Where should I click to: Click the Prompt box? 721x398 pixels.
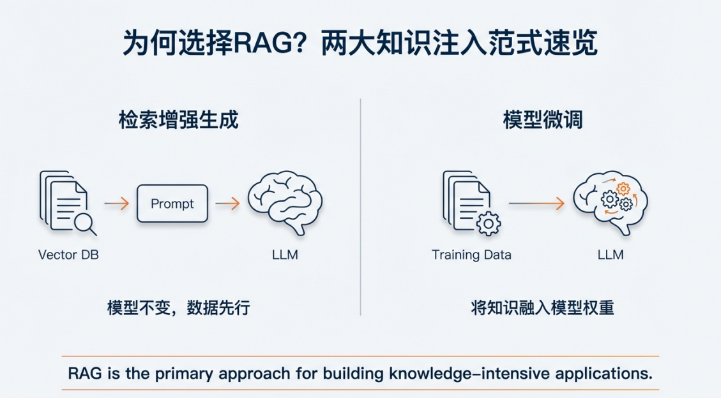[172, 203]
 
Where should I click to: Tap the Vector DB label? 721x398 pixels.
[68, 254]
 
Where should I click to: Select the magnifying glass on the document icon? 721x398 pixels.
[85, 225]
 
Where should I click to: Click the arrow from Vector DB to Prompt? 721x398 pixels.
[117, 203]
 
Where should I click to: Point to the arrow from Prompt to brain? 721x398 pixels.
[227, 203]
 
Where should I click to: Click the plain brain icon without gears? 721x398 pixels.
[285, 202]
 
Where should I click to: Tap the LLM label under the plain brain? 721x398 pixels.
[285, 254]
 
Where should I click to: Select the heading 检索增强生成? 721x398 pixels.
[178, 120]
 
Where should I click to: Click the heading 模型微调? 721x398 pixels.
[543, 120]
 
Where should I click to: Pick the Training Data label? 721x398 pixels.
[471, 254]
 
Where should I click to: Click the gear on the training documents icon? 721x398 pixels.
[489, 224]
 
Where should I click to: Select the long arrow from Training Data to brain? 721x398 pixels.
[536, 203]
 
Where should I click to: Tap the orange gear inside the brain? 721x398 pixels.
[623, 188]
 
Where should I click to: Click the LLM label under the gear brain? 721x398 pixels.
[611, 254]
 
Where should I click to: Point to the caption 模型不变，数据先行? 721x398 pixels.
[178, 307]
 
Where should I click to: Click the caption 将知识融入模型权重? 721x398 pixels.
[543, 307]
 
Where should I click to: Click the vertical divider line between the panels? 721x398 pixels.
[360, 207]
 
